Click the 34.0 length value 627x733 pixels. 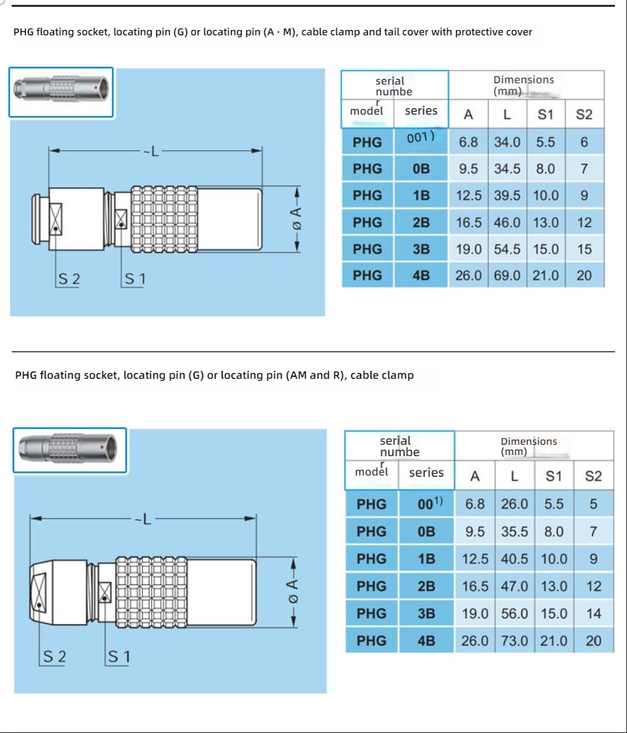507,142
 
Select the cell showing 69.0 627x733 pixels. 507,275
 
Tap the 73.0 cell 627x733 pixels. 514,641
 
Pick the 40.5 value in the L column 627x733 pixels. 514,559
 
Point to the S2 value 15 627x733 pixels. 584,249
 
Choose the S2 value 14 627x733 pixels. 593,614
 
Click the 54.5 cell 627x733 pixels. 507,249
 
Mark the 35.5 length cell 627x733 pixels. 514,532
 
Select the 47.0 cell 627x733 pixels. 514,586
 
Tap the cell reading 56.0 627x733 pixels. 514,614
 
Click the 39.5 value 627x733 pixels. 507,195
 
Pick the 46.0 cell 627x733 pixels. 507,222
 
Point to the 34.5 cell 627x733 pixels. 507,169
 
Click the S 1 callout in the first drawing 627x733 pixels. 135,279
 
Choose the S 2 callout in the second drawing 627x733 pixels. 55,657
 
